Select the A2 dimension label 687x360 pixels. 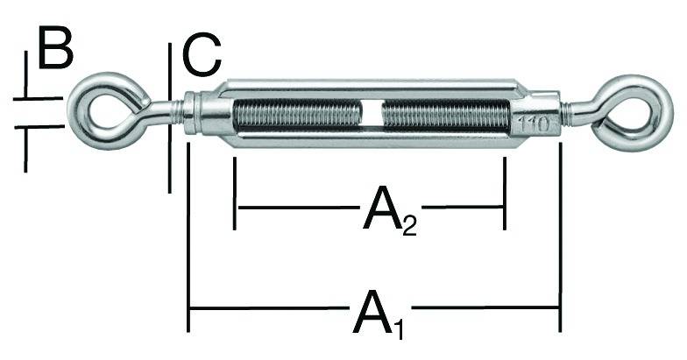380,213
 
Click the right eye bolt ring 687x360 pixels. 634,111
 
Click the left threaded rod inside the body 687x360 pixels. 297,115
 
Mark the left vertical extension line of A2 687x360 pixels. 235,193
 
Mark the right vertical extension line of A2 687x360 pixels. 505,193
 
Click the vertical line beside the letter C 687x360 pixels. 168,114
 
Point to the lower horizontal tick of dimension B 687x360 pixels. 39,128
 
